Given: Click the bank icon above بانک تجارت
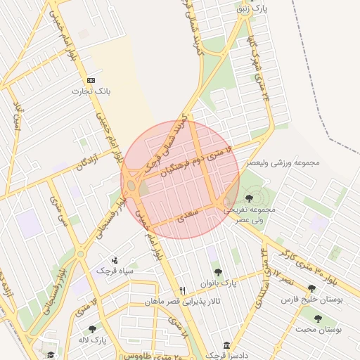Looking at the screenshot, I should tap(91, 81).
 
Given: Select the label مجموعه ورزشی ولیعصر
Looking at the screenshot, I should tap(282, 162).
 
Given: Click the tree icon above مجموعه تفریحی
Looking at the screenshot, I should tap(249, 199).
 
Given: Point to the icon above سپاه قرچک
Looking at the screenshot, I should tap(115, 260).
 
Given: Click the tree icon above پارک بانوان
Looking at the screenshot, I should tap(218, 272).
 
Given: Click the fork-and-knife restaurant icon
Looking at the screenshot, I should tap(183, 290).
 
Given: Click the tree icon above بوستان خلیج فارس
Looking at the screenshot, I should tap(311, 288).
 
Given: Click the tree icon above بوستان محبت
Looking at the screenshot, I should tap(318, 319).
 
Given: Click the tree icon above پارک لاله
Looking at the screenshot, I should tap(92, 329).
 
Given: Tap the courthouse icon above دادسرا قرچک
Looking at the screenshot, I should tap(226, 346).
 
